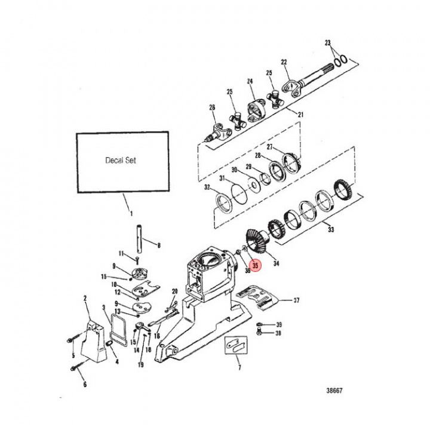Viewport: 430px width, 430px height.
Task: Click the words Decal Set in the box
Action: point(121,160)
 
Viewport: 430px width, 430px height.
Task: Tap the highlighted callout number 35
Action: point(256,265)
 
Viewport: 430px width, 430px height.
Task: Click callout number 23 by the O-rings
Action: point(328,42)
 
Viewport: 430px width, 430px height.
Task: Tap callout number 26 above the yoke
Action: point(211,107)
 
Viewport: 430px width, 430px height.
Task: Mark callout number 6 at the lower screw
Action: point(85,385)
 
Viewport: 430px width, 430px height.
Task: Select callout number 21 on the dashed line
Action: point(300,114)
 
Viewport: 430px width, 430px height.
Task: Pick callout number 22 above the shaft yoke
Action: point(284,62)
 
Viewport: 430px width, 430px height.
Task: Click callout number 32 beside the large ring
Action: point(207,187)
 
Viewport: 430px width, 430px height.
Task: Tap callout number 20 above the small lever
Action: point(175,291)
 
